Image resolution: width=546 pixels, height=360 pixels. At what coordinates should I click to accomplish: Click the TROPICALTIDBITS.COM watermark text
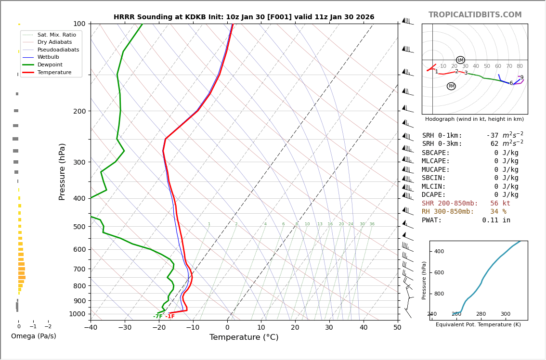(475, 15)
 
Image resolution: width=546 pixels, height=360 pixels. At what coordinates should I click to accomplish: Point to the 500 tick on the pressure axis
(79, 227)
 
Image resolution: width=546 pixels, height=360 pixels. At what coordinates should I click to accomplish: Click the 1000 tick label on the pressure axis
(77, 314)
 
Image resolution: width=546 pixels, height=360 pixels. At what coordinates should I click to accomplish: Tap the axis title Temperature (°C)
(244, 337)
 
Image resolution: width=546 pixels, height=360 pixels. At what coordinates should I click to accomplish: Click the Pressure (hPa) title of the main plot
(63, 171)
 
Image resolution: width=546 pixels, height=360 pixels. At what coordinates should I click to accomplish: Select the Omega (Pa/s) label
(34, 336)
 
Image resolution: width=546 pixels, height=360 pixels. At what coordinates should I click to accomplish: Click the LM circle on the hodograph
(460, 60)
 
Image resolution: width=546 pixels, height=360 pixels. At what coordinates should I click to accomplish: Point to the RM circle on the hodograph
(451, 86)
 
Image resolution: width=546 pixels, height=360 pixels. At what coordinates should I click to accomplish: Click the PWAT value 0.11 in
(496, 220)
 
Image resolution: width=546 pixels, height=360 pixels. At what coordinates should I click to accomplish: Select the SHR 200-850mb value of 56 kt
(500, 204)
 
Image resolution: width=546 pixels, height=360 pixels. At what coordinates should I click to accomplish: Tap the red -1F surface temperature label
(170, 317)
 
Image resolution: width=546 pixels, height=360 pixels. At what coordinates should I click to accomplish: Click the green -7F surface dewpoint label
(157, 317)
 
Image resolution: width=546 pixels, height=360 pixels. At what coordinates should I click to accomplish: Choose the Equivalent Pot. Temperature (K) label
(478, 325)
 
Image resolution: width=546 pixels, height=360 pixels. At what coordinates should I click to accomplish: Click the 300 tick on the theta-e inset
(505, 314)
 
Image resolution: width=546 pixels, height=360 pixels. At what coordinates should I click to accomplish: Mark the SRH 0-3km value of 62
(494, 144)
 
